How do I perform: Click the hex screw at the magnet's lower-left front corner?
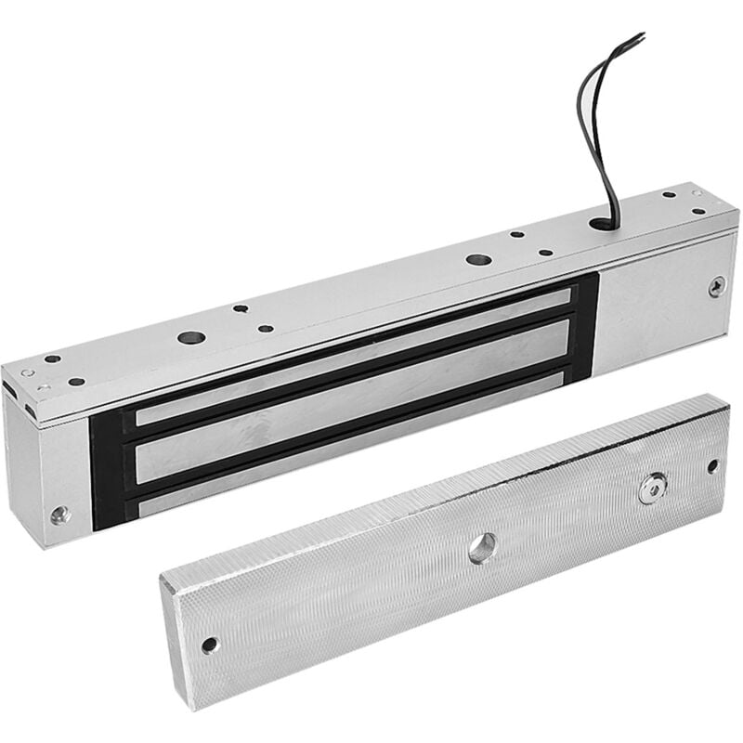[60, 513]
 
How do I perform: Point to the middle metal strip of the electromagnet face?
[353, 399]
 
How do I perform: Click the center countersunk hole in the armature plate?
[481, 548]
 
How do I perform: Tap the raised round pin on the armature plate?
[652, 488]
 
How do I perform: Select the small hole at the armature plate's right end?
[712, 466]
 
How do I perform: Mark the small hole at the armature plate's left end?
[210, 645]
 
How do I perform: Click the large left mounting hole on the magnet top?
[191, 337]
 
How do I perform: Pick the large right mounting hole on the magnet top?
[478, 260]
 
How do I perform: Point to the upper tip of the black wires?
[639, 37]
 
